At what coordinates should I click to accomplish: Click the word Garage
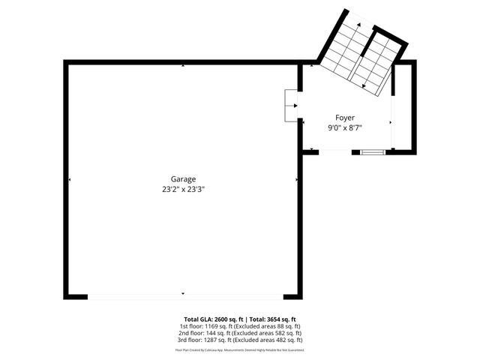click(x=183, y=179)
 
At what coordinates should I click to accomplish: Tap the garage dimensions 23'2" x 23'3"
click(x=183, y=190)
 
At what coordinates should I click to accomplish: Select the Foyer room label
click(x=345, y=118)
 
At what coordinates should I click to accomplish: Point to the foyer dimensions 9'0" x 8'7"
click(x=345, y=128)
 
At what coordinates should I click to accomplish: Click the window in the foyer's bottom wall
click(x=373, y=152)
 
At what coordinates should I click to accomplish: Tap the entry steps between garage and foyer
click(x=291, y=106)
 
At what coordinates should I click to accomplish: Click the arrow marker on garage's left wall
click(x=70, y=180)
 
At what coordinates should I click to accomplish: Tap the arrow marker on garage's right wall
click(x=297, y=180)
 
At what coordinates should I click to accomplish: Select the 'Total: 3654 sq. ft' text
click(x=272, y=319)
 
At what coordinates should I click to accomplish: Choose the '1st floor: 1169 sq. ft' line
click(x=240, y=326)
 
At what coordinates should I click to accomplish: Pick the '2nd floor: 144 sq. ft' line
click(x=240, y=333)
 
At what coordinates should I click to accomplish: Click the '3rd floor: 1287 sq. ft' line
click(x=240, y=340)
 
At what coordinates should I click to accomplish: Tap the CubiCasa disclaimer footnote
click(x=240, y=349)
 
